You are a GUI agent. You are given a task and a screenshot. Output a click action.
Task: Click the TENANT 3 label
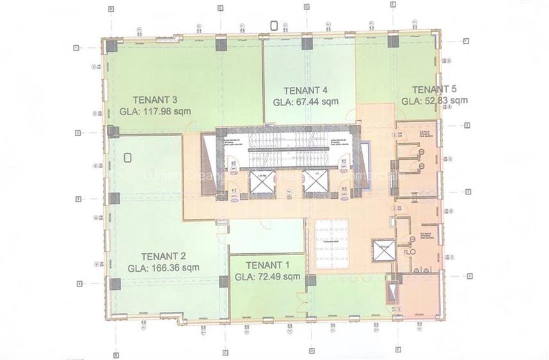pos(155,99)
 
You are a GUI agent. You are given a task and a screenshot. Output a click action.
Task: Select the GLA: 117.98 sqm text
pos(155,111)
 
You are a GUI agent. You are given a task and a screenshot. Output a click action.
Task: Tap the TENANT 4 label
pos(306,90)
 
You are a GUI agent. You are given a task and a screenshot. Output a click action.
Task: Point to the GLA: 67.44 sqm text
pos(306,102)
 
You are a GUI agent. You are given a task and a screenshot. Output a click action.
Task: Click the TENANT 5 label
pos(434,89)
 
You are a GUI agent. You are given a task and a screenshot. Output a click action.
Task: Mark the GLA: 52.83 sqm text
pos(434,100)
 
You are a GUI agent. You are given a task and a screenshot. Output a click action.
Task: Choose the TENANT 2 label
pos(163,256)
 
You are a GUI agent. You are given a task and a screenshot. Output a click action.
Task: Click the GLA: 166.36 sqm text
pos(163,268)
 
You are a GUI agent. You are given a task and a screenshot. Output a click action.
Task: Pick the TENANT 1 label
pos(267,265)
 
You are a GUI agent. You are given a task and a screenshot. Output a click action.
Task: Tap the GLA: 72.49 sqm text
pos(267,277)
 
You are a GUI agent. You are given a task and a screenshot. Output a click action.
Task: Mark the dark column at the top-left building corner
pos(112,45)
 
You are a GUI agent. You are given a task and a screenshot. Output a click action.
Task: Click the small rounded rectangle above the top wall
pos(274,26)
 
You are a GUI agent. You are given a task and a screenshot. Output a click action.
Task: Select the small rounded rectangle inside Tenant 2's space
pos(128,157)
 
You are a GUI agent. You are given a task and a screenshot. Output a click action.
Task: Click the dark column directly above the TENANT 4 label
pos(307,43)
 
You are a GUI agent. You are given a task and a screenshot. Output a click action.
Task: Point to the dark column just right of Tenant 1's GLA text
pos(311,280)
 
